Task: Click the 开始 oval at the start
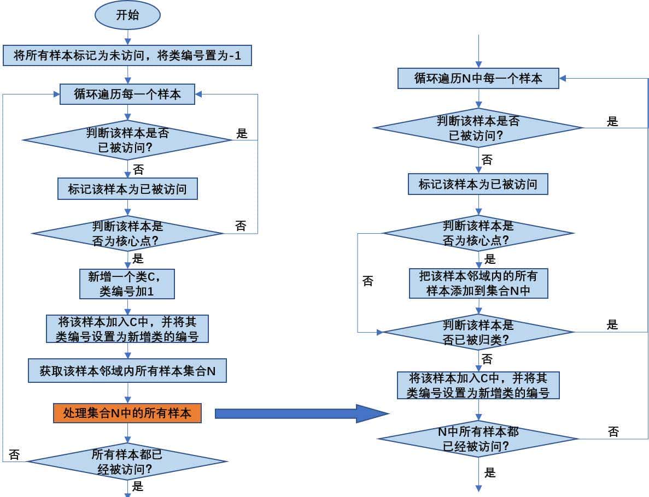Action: coord(127,15)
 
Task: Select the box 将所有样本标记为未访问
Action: coord(127,55)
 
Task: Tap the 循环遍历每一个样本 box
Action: coord(127,94)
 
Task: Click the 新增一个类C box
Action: coord(127,283)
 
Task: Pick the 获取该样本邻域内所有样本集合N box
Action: coord(127,371)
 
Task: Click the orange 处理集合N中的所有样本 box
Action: coord(127,413)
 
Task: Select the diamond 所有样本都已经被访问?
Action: coord(127,461)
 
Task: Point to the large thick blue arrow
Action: coord(301,413)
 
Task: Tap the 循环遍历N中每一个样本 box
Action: coord(478,79)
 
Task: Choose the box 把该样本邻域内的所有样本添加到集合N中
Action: coord(478,283)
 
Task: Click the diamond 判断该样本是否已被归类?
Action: coord(478,332)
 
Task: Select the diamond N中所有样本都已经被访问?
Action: coord(478,439)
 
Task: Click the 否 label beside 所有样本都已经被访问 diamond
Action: coord(15,454)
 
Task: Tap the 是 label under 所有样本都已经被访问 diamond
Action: coord(138,486)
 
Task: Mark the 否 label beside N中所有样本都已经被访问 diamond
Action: coord(613,431)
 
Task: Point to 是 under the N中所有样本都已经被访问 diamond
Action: coord(490,472)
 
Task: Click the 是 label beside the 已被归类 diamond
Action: coord(612,324)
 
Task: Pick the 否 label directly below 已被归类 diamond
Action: coord(487,359)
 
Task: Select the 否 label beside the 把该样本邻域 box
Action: coord(368,281)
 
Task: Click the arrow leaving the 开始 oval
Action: coord(127,37)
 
